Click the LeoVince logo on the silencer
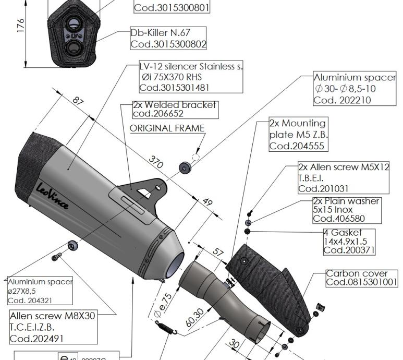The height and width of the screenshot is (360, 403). (x=52, y=196)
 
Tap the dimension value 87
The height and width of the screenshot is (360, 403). (x=78, y=101)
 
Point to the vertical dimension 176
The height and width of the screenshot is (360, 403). (x=21, y=26)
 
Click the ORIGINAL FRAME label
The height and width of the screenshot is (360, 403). (x=167, y=128)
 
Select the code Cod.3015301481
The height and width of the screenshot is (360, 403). (x=174, y=88)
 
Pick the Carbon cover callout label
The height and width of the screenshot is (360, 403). (x=357, y=273)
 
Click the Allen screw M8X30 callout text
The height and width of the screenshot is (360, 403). (x=53, y=316)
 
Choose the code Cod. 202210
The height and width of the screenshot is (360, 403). (x=342, y=100)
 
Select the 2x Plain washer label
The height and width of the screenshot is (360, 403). (x=346, y=201)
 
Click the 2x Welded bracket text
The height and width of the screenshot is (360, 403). (x=175, y=104)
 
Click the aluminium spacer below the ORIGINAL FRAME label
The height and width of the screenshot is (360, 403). (x=185, y=167)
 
